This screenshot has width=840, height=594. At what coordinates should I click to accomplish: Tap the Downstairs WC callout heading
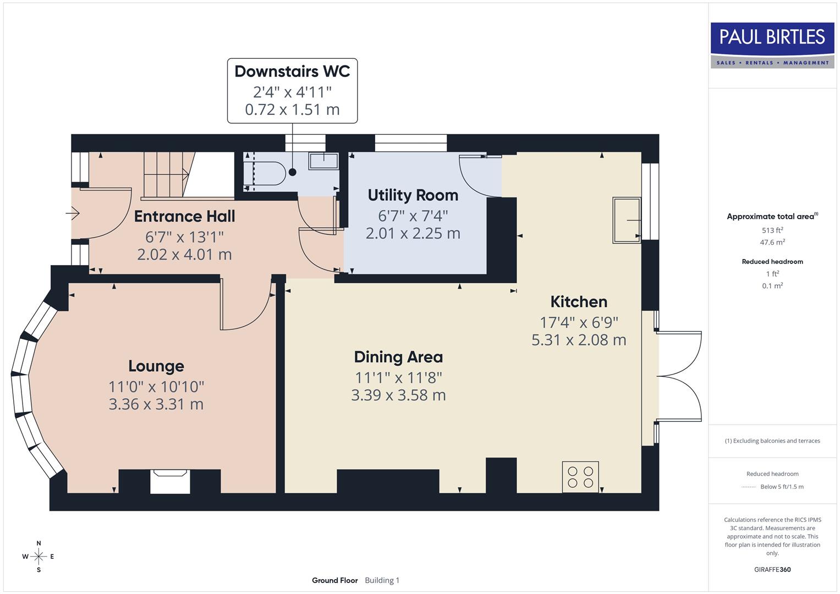click(292, 71)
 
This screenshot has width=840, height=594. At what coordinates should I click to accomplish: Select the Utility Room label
click(413, 195)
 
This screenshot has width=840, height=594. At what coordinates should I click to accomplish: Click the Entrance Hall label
click(184, 216)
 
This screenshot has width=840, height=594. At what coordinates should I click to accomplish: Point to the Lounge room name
click(156, 366)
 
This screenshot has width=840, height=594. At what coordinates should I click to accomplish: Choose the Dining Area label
click(398, 357)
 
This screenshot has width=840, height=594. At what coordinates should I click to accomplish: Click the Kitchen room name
click(579, 302)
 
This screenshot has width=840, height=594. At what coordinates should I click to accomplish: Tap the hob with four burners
click(580, 477)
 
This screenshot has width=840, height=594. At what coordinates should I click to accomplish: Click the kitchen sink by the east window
click(627, 220)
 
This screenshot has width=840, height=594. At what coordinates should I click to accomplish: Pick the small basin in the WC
click(323, 160)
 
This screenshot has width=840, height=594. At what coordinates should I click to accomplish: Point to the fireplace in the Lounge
click(170, 480)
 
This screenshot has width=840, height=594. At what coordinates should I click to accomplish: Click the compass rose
click(39, 557)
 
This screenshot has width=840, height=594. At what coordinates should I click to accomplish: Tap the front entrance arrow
click(73, 213)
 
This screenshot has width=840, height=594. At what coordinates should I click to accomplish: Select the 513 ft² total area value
click(772, 230)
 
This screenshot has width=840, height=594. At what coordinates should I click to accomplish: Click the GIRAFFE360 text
click(772, 569)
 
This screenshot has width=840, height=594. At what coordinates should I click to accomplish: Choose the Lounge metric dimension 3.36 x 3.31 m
click(156, 404)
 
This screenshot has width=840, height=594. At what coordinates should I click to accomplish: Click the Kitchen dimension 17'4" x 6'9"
click(579, 322)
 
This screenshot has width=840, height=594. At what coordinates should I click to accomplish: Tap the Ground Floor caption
click(334, 580)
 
